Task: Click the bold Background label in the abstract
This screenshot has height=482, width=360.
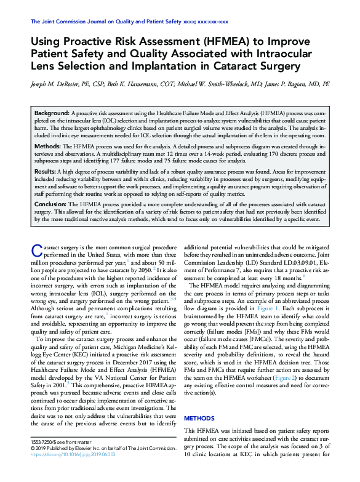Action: (x=52, y=114)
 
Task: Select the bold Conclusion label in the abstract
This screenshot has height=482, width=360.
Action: (x=50, y=204)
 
